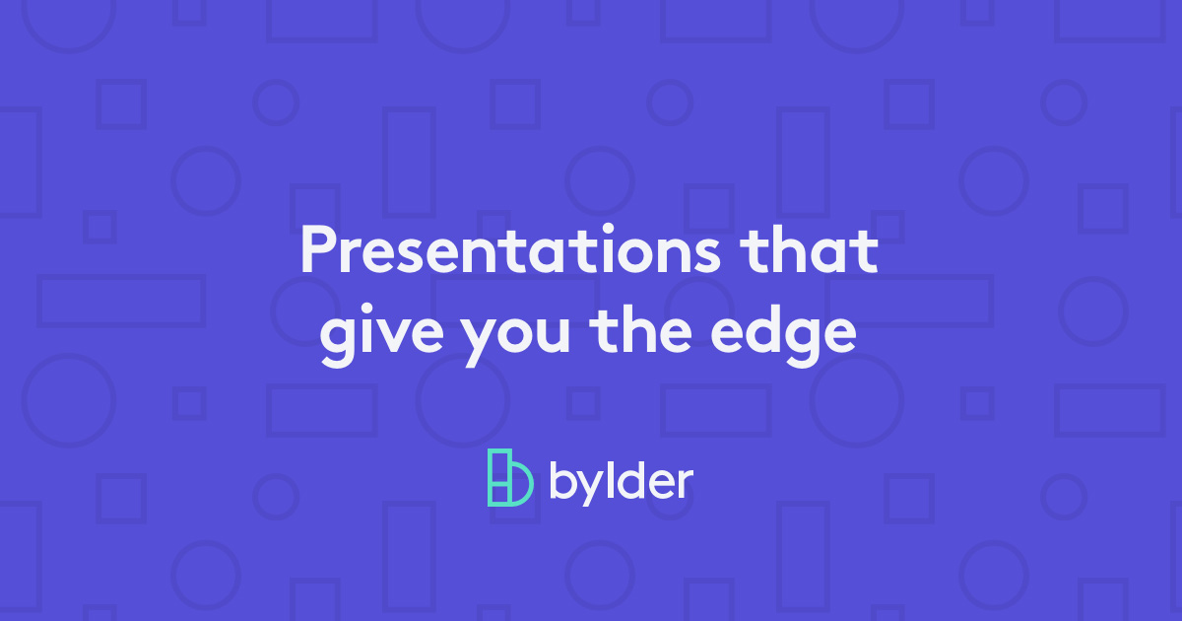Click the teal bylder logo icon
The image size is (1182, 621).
(509, 478)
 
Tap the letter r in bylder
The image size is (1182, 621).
(685, 484)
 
